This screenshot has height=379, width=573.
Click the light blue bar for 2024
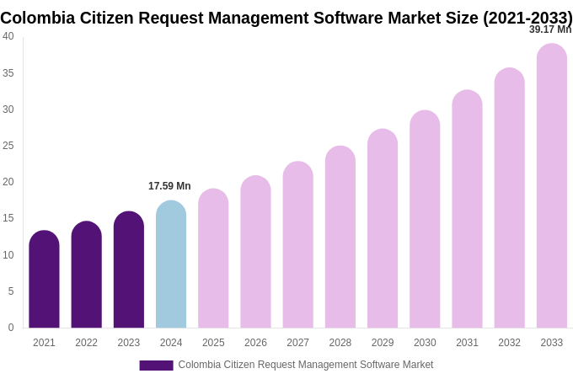click(171, 264)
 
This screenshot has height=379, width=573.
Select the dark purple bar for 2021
click(44, 280)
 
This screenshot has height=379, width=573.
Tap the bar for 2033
click(552, 186)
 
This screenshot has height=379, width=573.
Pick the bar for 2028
click(340, 238)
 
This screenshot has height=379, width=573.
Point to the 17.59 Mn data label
click(169, 186)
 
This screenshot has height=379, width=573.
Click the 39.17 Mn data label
click(549, 29)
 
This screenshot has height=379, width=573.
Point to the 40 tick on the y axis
click(8, 36)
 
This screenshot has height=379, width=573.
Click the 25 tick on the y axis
click(8, 146)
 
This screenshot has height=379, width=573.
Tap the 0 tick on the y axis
click(11, 328)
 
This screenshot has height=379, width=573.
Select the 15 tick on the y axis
click(8, 218)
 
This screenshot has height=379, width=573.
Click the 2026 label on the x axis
click(255, 343)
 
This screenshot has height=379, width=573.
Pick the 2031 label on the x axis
click(467, 343)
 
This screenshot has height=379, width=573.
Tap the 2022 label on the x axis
click(86, 343)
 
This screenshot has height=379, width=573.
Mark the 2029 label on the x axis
click(383, 343)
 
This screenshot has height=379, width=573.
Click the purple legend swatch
click(156, 366)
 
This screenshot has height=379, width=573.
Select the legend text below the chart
click(305, 365)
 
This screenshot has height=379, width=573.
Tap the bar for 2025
click(213, 259)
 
